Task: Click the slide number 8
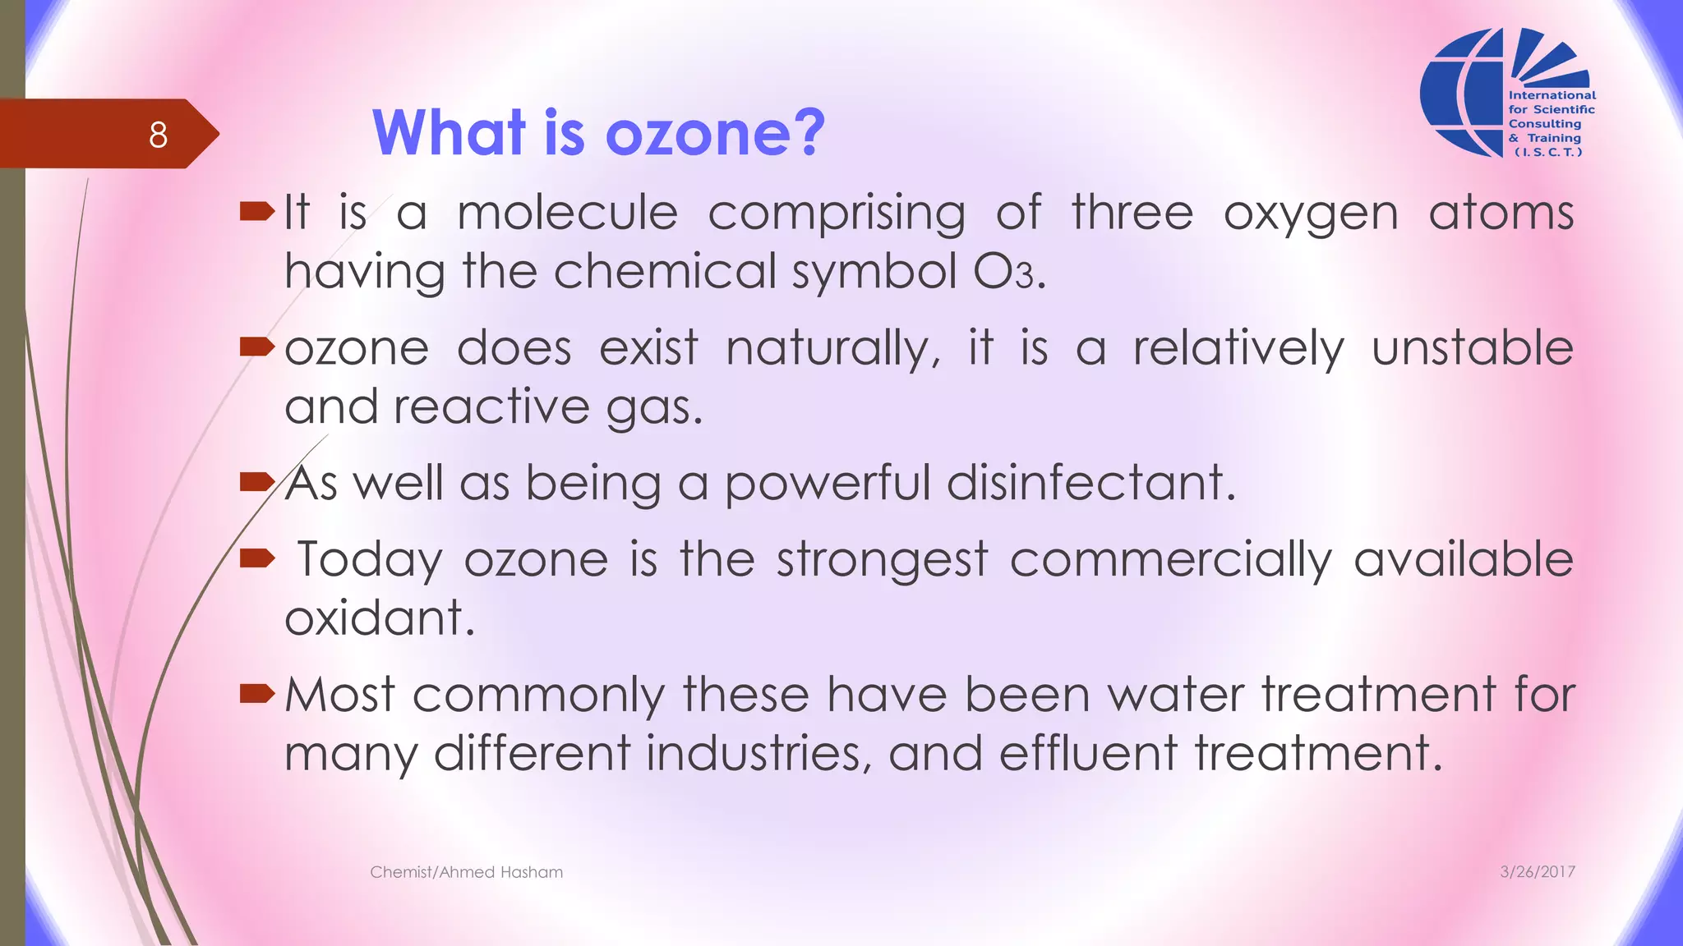(158, 135)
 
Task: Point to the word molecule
(567, 213)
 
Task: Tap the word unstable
(1472, 347)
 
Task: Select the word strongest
(882, 561)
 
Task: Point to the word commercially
(1170, 561)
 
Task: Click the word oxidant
(379, 618)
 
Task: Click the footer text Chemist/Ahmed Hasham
(466, 872)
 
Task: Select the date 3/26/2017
(1537, 872)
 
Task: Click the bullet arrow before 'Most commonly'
(256, 695)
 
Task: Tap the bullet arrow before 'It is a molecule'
(256, 213)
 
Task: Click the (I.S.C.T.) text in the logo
(1547, 152)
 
